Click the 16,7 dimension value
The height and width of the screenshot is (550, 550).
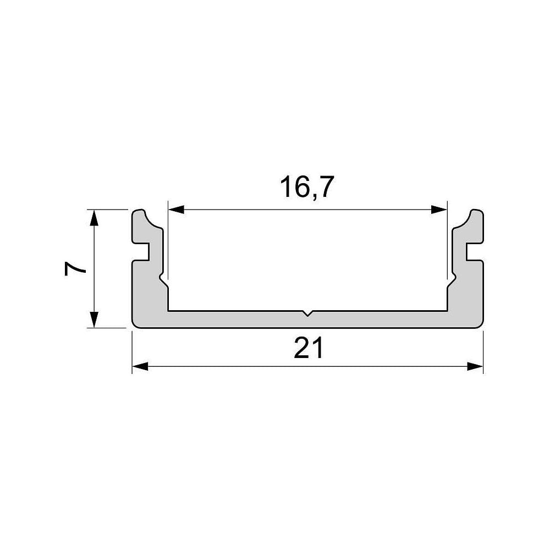(307, 188)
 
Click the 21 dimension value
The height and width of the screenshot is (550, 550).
(309, 348)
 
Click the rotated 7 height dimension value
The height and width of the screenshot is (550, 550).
(75, 269)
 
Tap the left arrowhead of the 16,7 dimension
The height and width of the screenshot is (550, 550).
(177, 210)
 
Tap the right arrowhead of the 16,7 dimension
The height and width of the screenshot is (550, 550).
(439, 210)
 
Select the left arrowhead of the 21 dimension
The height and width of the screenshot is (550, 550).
(140, 367)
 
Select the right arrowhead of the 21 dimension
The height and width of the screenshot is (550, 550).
(475, 367)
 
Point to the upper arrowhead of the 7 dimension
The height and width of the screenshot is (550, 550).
(94, 217)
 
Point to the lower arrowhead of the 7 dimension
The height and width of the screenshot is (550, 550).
(94, 320)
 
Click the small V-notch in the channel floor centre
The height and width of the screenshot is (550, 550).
(307, 313)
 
